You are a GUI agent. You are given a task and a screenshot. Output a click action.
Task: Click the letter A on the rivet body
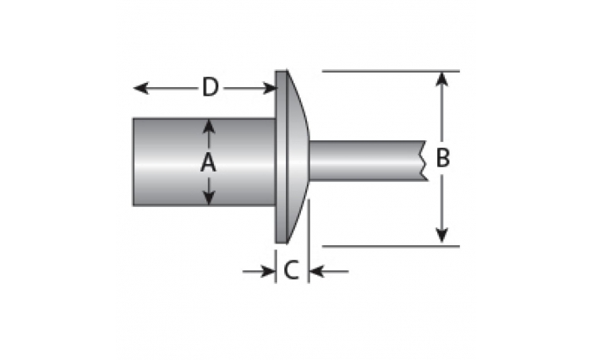208,163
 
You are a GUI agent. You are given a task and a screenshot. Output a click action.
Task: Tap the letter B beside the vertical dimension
443,158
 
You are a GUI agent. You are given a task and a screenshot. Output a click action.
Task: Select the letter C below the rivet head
292,270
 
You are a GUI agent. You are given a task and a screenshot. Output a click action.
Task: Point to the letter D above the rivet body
211,87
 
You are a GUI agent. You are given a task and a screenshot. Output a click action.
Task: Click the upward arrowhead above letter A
209,126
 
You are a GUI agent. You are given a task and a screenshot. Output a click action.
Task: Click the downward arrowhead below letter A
209,198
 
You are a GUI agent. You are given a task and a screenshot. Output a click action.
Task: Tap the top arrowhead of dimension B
441,79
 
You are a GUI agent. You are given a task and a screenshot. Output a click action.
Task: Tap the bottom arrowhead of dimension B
441,236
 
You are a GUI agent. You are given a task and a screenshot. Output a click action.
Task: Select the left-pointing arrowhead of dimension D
141,88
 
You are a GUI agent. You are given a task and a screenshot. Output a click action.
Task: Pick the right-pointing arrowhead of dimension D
269,88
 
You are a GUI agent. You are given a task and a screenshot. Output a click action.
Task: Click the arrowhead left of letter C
268,271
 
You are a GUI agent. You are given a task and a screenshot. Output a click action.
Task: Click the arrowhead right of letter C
317,271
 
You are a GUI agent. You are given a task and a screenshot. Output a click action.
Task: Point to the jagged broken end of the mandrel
425,161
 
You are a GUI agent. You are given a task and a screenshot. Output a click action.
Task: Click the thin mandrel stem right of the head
366,161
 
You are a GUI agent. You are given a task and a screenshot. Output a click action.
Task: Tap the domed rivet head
298,156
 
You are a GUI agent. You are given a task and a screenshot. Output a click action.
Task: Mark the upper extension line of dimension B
391,71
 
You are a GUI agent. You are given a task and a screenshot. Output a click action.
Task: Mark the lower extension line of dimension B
391,247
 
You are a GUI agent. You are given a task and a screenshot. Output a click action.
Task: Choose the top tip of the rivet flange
282,71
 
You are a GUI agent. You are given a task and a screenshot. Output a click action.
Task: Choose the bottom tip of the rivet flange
282,243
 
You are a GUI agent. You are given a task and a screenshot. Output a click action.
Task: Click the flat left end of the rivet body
134,162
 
